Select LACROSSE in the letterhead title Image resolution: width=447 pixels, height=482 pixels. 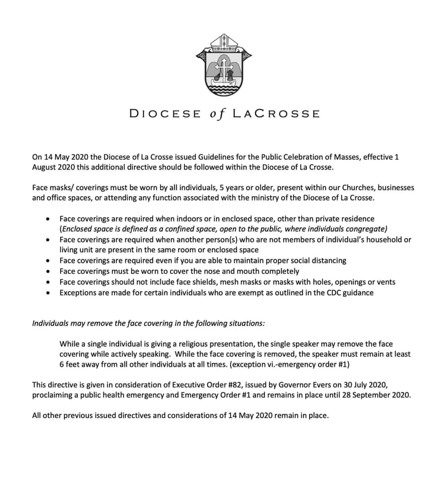click(276, 113)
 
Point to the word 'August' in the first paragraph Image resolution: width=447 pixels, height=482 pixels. click(45, 167)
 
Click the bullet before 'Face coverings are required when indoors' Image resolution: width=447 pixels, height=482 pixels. click(47, 219)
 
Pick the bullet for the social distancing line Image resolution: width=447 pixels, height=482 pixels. click(47, 261)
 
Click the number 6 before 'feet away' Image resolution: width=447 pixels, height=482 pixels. click(62, 365)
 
